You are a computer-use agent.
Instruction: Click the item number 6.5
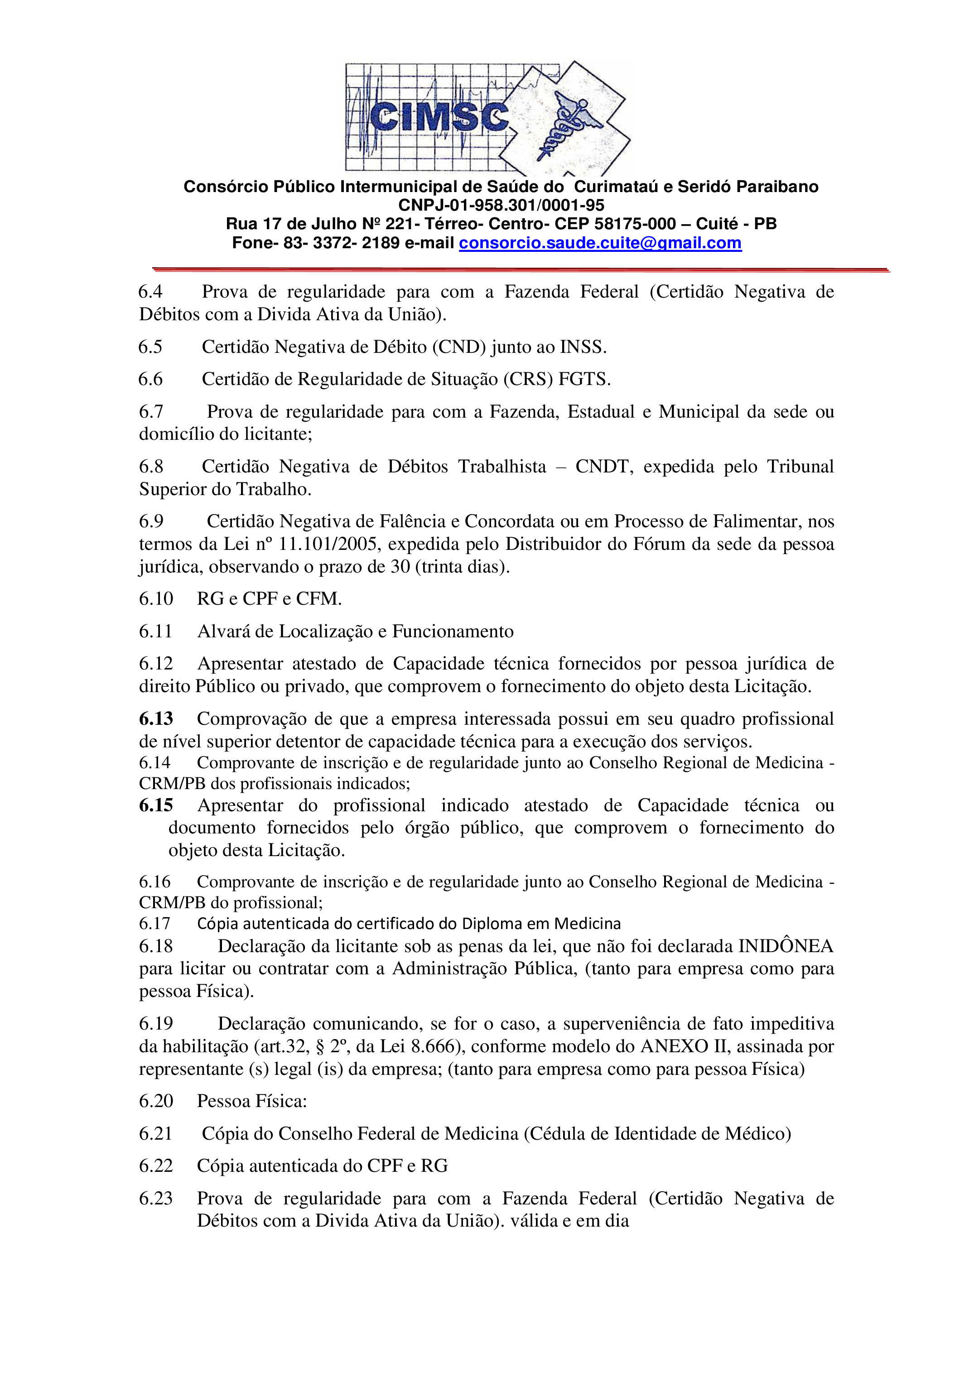tap(150, 347)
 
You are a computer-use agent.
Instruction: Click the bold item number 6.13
tap(156, 718)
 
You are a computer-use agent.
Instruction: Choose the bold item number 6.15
tap(156, 805)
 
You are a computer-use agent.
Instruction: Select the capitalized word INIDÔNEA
tap(785, 946)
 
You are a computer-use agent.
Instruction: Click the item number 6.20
tap(156, 1101)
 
